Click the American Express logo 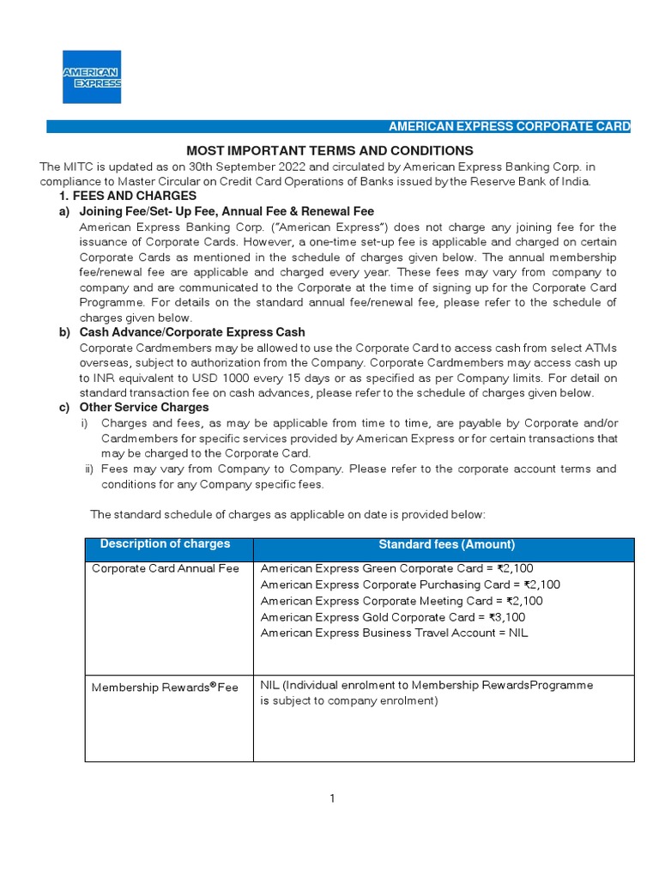[92, 76]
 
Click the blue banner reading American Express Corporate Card [510, 127]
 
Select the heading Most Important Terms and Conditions [330, 150]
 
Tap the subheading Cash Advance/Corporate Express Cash [191, 332]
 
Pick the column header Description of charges [166, 544]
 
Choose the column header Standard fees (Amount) [446, 544]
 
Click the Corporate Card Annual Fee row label [166, 568]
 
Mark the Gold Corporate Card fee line [393, 617]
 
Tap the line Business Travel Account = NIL [394, 633]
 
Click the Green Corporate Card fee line [396, 568]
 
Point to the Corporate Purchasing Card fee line [410, 585]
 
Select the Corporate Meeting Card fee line [402, 601]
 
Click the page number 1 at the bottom [331, 798]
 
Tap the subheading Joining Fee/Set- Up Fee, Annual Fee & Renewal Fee [227, 211]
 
